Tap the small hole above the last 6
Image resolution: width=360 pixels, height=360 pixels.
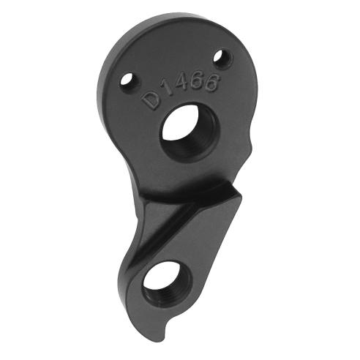[217, 56]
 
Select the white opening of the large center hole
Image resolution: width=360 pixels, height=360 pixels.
[179, 127]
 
